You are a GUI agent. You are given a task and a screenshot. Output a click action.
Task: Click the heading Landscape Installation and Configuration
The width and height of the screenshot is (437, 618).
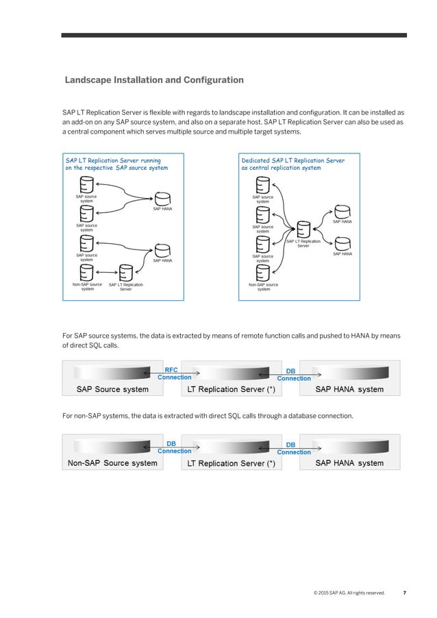click(153, 80)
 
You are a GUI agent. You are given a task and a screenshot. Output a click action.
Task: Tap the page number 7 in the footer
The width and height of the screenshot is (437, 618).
click(404, 593)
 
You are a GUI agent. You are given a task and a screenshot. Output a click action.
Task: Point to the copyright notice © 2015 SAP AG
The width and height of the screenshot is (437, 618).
click(348, 593)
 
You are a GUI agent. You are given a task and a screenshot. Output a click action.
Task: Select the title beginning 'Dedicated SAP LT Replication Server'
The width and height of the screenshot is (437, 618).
click(292, 164)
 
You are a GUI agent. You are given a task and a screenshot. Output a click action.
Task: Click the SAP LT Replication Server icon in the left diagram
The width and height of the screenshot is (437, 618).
click(125, 273)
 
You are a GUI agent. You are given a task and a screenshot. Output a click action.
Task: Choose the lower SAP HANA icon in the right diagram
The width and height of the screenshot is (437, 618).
click(342, 243)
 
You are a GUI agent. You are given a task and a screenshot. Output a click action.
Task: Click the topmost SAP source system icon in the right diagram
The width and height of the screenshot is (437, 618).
click(262, 185)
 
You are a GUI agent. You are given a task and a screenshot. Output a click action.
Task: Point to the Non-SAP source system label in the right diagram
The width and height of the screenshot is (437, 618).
click(263, 286)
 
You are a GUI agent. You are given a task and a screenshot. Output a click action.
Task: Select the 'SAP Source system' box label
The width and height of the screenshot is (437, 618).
click(106, 389)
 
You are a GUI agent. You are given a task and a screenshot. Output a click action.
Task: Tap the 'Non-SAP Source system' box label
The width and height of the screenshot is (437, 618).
click(112, 463)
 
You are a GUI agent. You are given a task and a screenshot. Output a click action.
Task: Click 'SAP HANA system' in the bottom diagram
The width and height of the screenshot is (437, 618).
click(349, 463)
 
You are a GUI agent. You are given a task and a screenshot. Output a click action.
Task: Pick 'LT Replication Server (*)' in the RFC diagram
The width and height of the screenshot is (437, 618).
click(232, 389)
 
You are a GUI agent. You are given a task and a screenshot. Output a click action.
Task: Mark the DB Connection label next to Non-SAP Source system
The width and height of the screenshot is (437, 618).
click(175, 447)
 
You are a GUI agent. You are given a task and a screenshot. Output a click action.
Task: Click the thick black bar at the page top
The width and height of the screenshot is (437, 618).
click(234, 35)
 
